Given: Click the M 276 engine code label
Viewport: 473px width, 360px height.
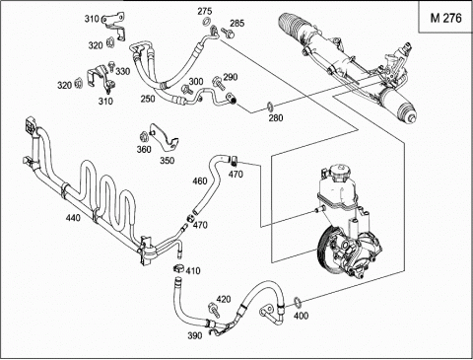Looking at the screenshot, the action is [x=445, y=18].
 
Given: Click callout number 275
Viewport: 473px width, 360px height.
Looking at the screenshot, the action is [x=204, y=11].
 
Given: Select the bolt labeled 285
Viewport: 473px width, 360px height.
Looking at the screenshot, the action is [x=228, y=33].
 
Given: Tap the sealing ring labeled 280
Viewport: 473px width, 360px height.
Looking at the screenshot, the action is [x=270, y=107].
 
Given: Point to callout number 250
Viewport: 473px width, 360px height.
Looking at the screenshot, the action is [x=148, y=99].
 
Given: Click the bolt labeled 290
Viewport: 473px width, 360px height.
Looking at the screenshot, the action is [x=219, y=83].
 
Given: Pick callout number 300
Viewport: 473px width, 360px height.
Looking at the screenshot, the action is [x=196, y=81].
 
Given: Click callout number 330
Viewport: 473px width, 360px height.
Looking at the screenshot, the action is [x=123, y=71].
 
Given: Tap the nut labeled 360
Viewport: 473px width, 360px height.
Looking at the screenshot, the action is [x=143, y=135].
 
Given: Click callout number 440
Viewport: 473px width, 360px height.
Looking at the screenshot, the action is [x=73, y=217].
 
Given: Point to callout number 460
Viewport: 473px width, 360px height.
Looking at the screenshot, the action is [x=200, y=180].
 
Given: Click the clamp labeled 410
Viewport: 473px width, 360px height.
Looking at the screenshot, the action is [x=178, y=268].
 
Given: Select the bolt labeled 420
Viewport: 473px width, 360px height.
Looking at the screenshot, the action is [x=214, y=311].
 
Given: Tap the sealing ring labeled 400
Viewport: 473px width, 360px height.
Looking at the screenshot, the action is [x=297, y=301].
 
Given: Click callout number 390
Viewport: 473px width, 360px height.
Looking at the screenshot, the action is [x=194, y=335].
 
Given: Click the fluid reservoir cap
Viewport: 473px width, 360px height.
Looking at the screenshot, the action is [x=342, y=173].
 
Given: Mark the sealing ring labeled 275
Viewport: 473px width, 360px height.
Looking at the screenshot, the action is [x=207, y=23].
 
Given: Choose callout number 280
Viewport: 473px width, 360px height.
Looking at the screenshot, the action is [x=276, y=117].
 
